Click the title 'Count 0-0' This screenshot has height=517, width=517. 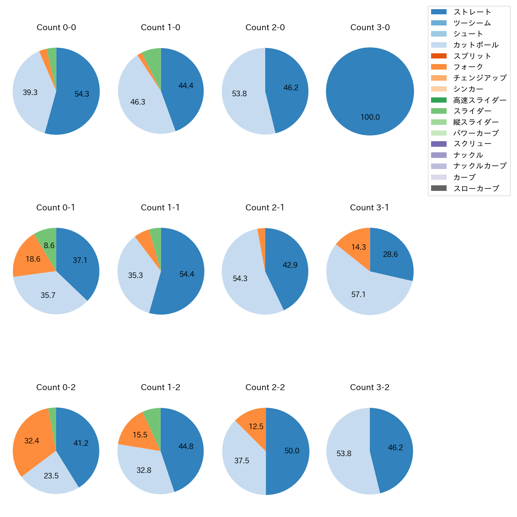click(x=56, y=27)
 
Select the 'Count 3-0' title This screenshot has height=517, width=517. click(x=370, y=27)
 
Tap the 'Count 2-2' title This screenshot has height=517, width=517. click(x=265, y=387)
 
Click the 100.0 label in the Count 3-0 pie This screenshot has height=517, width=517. click(x=370, y=117)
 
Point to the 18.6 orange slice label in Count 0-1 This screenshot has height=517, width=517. click(x=33, y=259)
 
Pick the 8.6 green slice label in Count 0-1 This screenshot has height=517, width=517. click(x=49, y=246)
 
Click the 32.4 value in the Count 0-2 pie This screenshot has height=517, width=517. click(x=32, y=441)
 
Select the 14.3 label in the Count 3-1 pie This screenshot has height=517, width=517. click(x=358, y=247)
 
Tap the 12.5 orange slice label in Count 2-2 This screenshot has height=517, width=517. click(x=256, y=427)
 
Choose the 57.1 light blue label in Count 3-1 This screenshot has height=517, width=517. click(x=358, y=295)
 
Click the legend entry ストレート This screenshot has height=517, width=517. click(x=472, y=12)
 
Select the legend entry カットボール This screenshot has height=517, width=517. click(x=476, y=45)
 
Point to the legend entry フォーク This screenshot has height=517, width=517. click(x=468, y=67)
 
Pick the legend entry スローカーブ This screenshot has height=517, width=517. click(x=476, y=189)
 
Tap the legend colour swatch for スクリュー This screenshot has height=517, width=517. click(x=439, y=144)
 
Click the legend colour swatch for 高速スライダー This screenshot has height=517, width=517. click(x=439, y=100)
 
